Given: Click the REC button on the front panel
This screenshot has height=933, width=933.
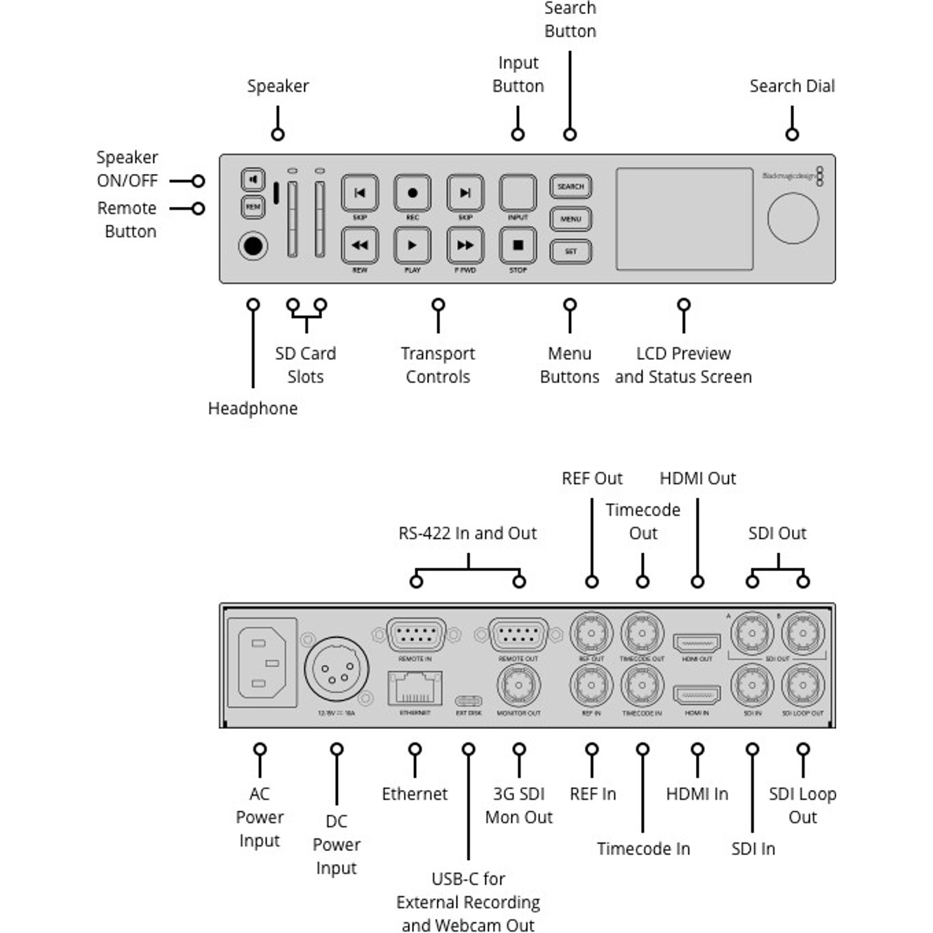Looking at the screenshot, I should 412,193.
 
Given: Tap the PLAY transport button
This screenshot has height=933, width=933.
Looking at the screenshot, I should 412,246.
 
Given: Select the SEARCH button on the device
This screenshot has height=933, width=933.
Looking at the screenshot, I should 570,187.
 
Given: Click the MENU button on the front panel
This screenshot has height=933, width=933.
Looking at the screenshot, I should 570,219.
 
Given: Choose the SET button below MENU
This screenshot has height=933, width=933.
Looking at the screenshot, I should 570,251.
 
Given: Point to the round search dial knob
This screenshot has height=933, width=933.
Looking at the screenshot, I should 793,218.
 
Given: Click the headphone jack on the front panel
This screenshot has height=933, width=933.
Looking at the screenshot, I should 253,246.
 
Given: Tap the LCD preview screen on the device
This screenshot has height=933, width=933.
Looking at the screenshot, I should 684,219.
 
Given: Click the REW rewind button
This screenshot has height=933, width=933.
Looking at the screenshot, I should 360,246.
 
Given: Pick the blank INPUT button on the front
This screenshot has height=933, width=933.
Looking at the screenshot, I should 518,192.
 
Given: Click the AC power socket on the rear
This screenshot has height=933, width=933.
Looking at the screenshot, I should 262,663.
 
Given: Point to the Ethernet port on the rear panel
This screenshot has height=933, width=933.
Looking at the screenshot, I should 415,688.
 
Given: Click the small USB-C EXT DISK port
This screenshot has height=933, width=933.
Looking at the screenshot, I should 469,701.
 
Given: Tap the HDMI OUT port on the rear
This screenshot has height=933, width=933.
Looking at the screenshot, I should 697,643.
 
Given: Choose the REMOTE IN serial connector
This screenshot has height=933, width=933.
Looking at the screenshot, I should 416,636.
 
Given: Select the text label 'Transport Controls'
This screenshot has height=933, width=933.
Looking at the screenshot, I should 438,365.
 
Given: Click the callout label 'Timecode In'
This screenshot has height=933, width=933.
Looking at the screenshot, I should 643,849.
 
